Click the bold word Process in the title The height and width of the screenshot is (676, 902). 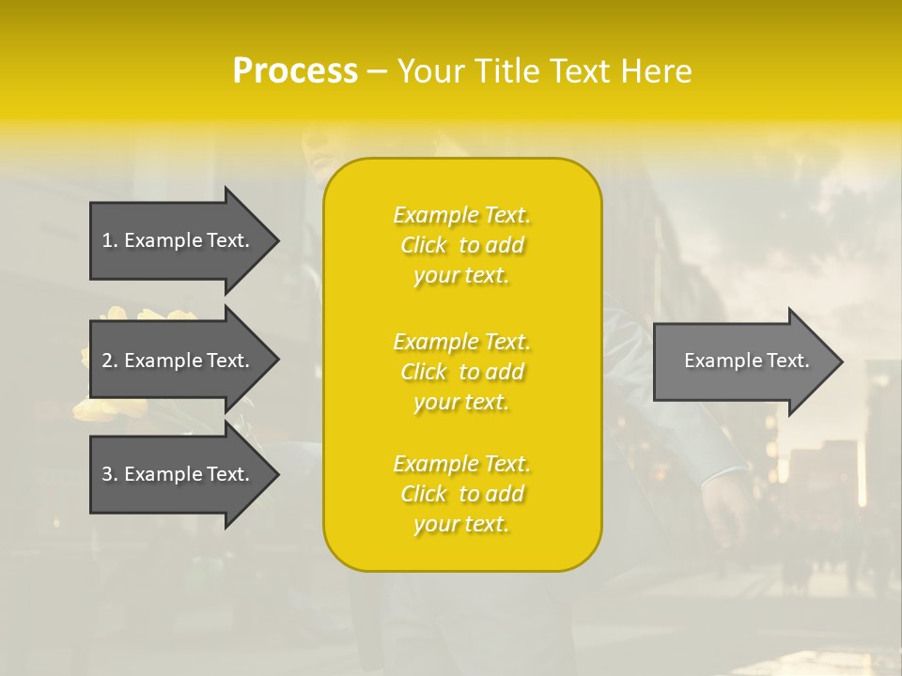pyautogui.click(x=295, y=71)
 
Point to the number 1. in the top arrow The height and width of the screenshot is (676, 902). pyautogui.click(x=110, y=240)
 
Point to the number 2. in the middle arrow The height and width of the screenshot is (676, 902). pyautogui.click(x=110, y=361)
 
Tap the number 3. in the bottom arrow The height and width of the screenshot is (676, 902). pyautogui.click(x=110, y=474)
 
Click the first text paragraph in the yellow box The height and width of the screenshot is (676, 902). pyautogui.click(x=461, y=245)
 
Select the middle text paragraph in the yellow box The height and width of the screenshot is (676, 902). pyautogui.click(x=461, y=372)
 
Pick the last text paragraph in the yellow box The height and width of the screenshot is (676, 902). pyautogui.click(x=461, y=494)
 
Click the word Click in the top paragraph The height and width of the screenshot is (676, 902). pyautogui.click(x=424, y=245)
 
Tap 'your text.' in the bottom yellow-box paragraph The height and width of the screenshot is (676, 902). pyautogui.click(x=461, y=524)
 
